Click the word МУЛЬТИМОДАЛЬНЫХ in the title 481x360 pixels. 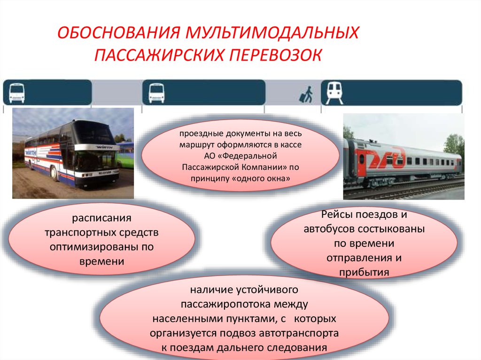click(x=272, y=32)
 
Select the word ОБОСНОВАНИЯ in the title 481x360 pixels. click(x=119, y=32)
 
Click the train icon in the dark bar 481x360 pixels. click(x=334, y=93)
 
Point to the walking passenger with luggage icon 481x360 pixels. click(x=306, y=94)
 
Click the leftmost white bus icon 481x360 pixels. click(x=17, y=93)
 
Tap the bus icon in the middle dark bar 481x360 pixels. click(x=156, y=93)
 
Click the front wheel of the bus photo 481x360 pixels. click(x=54, y=173)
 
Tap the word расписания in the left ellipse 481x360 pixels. click(x=101, y=218)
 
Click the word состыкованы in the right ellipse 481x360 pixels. click(x=391, y=229)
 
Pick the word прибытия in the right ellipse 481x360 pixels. click(x=364, y=272)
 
